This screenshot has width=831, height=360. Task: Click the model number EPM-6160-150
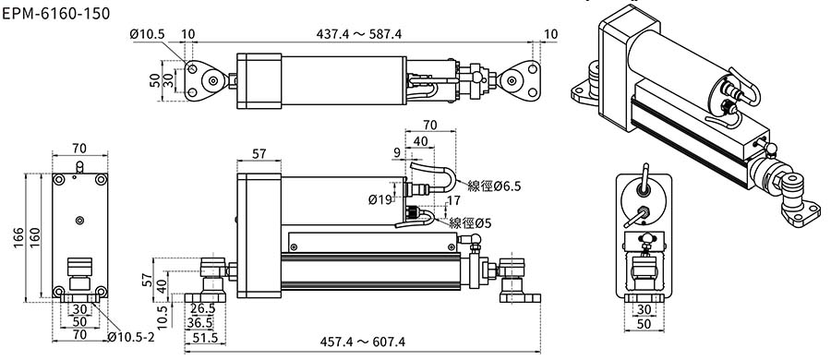click(56, 13)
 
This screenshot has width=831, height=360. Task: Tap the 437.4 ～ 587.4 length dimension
click(359, 34)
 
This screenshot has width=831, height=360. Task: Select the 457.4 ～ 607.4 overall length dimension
click(363, 342)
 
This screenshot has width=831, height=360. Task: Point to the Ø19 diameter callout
click(380, 200)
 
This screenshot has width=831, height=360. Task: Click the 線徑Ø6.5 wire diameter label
click(494, 186)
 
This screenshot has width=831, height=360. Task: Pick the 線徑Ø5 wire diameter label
click(470, 223)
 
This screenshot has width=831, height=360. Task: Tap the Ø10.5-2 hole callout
click(131, 337)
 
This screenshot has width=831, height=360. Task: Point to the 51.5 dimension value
click(206, 337)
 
